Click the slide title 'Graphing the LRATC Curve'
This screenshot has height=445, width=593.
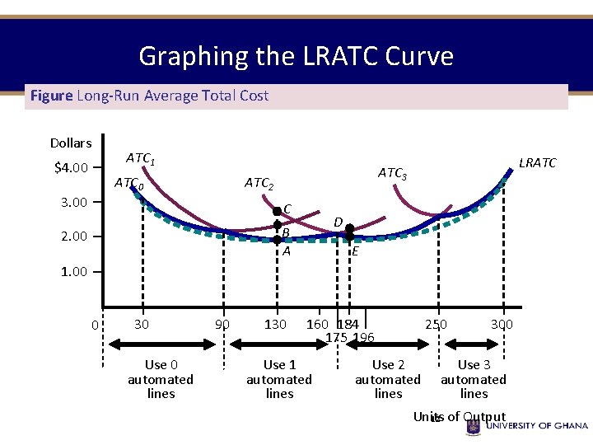(x=296, y=56)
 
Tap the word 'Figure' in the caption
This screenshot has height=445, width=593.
(x=51, y=96)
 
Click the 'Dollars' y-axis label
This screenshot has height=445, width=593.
(x=71, y=143)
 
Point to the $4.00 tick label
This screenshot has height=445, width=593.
(x=71, y=169)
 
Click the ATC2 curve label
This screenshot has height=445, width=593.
(x=259, y=183)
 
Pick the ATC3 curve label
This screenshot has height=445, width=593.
(x=392, y=173)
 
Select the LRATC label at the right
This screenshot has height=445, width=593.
(x=537, y=163)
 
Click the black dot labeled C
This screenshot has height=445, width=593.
(x=278, y=212)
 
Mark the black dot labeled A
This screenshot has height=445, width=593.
(x=278, y=240)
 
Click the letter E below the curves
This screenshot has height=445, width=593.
(x=355, y=251)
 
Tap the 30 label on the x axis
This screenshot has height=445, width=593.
(x=142, y=325)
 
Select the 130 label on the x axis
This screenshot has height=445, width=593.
(x=275, y=325)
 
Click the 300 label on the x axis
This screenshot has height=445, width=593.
(x=502, y=325)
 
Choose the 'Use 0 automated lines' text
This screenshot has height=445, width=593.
(x=161, y=379)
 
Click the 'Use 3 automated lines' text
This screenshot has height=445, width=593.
(x=474, y=379)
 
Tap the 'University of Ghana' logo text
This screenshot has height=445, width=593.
(x=537, y=426)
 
